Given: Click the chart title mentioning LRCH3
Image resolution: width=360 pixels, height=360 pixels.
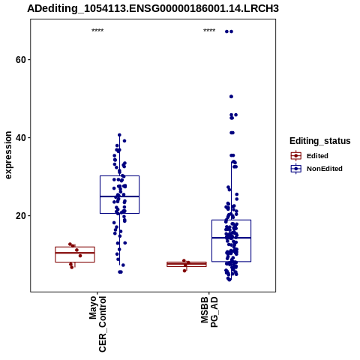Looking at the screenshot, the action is (x=153, y=9).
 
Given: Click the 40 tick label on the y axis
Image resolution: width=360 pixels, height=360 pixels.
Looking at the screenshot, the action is (x=20, y=138).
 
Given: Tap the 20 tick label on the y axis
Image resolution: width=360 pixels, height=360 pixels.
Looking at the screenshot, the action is (x=20, y=216).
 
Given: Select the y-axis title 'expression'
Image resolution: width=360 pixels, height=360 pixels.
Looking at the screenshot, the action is (x=8, y=155).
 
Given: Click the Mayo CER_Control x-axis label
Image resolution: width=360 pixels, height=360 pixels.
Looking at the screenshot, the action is (x=97, y=324).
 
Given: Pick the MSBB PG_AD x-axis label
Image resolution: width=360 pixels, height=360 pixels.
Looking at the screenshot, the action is (x=209, y=312).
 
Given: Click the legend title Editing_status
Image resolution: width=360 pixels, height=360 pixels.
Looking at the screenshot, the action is (x=319, y=141).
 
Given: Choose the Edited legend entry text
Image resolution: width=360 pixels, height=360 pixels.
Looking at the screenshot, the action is (x=317, y=156).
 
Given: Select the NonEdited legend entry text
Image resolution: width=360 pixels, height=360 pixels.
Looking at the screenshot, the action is (x=325, y=169).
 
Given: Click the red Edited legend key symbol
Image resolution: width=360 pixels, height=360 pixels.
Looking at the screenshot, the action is (x=296, y=156).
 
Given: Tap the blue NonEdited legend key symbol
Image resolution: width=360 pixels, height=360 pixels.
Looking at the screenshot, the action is (x=296, y=169).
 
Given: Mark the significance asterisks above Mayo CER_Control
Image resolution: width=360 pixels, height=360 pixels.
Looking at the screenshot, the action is (x=97, y=31).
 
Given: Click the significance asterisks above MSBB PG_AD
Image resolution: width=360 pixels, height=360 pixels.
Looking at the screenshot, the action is (x=209, y=31).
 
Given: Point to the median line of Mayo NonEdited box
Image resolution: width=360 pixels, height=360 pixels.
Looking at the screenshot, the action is (x=119, y=196).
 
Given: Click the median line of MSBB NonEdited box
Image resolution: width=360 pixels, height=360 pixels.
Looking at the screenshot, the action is (x=231, y=238).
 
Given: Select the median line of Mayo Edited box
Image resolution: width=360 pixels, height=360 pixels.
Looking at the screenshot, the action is (x=75, y=253).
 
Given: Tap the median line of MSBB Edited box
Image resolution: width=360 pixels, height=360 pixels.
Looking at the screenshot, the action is (x=187, y=264).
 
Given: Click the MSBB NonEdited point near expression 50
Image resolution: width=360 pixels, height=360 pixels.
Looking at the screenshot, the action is (x=231, y=97).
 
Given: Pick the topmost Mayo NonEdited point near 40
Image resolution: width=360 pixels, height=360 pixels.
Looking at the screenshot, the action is (x=119, y=135).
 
